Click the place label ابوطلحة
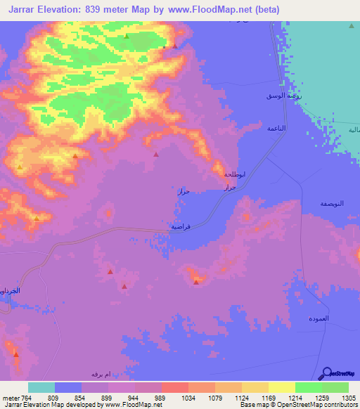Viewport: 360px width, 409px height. (233, 174)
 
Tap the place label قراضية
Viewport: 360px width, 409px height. (181, 227)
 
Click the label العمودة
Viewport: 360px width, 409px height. (328, 318)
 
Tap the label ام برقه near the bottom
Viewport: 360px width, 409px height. (102, 374)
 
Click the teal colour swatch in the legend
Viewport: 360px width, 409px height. (41, 387)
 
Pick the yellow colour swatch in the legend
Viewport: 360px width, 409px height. (281, 387)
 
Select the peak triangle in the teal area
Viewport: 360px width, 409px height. (352, 26)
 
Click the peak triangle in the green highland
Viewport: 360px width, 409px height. (127, 36)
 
